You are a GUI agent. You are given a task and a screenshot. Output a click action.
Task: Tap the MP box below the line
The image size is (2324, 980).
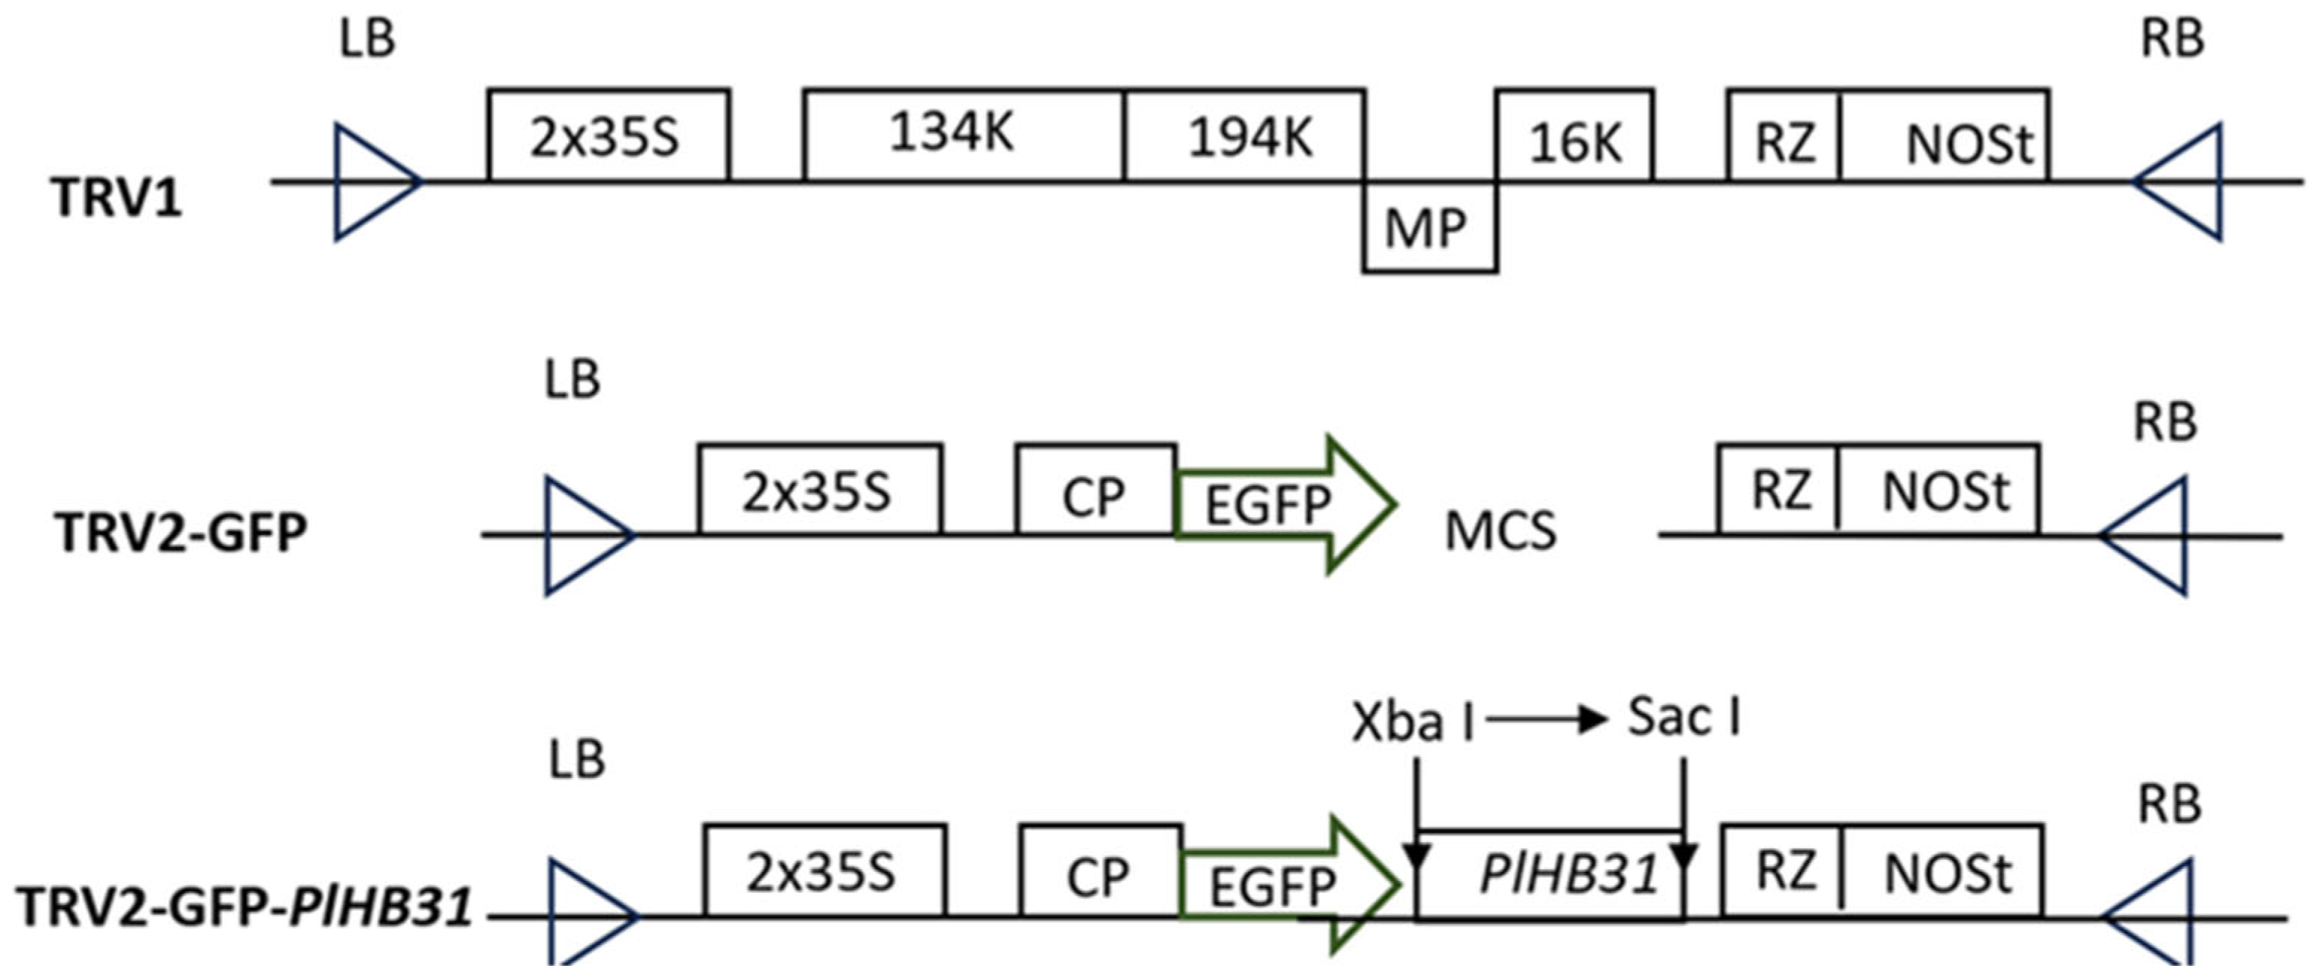click(x=1429, y=227)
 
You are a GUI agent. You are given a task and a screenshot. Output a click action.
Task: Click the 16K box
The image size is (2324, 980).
click(x=1574, y=137)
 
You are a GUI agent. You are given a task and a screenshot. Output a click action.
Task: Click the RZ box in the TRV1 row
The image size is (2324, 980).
click(x=1784, y=137)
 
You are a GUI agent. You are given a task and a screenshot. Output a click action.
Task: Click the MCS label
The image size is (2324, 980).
click(x=1500, y=531)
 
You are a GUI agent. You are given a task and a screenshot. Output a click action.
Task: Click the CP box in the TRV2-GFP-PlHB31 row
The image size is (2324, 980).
click(x=1099, y=872)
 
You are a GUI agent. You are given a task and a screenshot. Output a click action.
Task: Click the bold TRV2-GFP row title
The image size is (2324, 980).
click(x=180, y=532)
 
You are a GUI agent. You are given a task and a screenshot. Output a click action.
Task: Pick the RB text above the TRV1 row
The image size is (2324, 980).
click(x=2173, y=39)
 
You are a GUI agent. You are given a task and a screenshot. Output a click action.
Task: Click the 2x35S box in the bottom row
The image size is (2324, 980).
click(x=824, y=870)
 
